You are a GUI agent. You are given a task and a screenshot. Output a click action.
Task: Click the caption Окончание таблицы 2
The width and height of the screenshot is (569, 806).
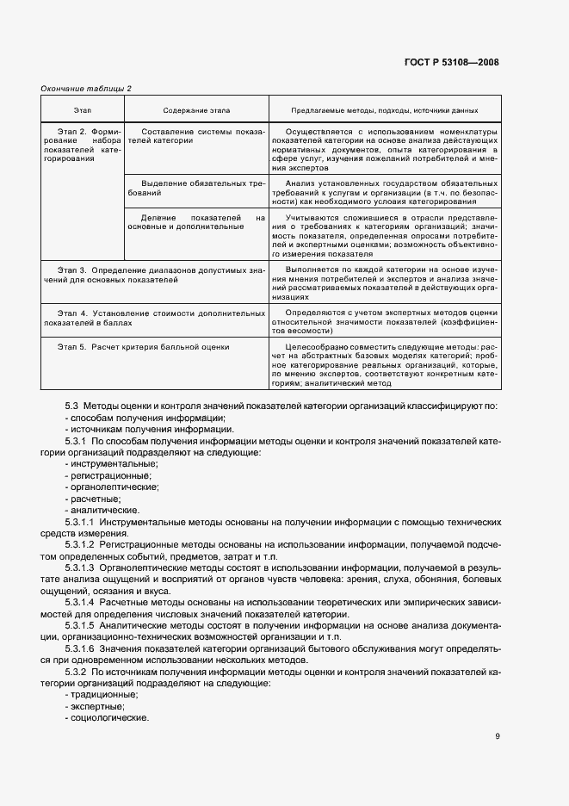86,88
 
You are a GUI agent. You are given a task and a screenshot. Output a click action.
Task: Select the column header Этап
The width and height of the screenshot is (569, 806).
83,110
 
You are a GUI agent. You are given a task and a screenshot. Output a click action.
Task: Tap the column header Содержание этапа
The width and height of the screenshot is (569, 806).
196,110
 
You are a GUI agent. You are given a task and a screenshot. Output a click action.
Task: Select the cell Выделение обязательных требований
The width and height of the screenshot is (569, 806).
195,189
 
